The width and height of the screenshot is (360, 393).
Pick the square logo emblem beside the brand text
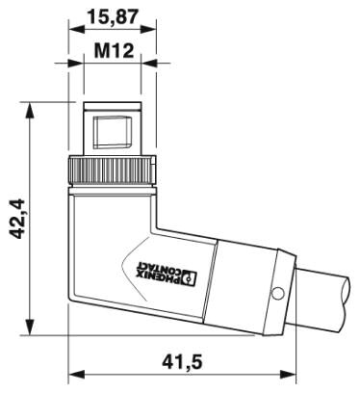point(190,280)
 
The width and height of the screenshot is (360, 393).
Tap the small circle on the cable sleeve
point(277,292)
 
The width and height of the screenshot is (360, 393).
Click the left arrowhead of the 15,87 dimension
point(73,30)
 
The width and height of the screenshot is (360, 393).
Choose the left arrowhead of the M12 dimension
point(84,62)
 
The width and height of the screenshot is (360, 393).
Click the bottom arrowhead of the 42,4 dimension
point(36,328)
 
